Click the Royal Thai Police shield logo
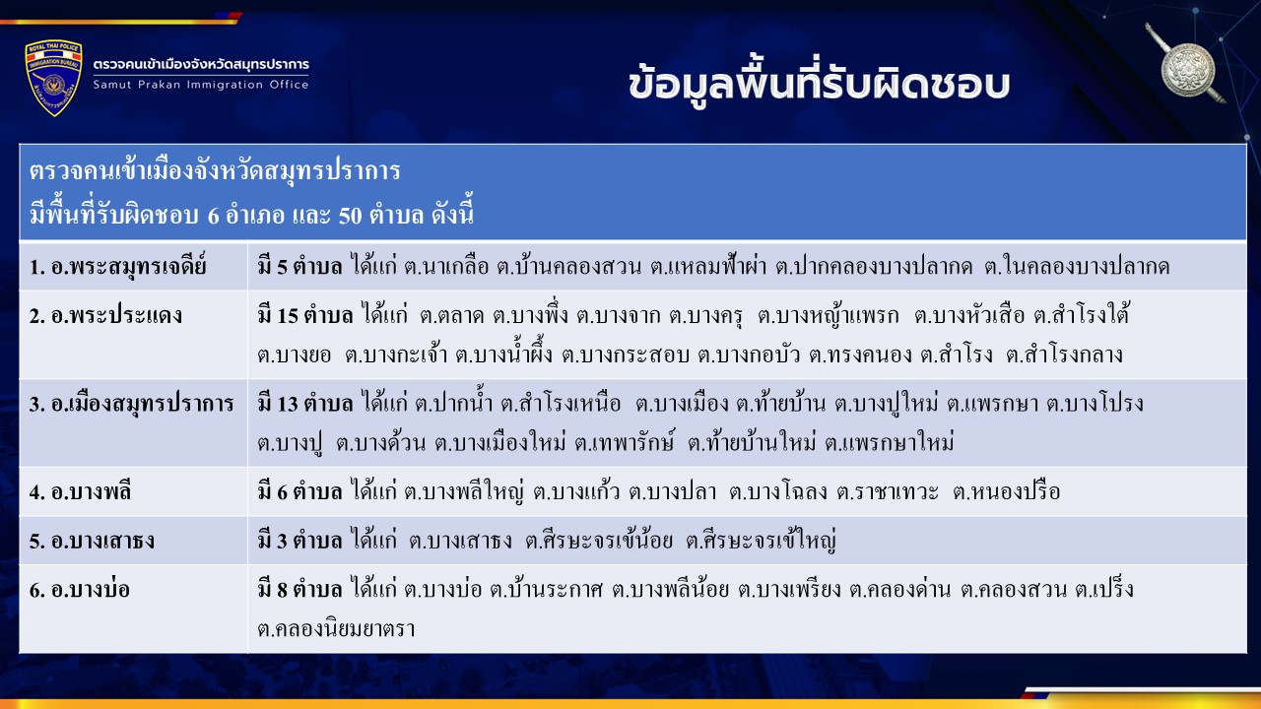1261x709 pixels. coord(54,78)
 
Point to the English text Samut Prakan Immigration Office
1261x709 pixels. coord(201,85)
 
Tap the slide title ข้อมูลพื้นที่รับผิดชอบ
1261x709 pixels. coord(819,86)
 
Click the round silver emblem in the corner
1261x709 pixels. coord(1188,70)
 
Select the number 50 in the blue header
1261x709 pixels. coord(350,215)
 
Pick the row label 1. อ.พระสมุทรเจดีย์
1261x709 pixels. coord(117,267)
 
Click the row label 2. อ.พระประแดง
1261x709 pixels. coord(105,316)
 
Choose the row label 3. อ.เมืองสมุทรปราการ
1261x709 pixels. coord(131,405)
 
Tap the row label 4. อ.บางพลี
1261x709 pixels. coord(80,491)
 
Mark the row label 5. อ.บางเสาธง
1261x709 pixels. coord(92,541)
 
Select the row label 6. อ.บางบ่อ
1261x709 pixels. coord(80,590)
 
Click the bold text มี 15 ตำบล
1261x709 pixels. coord(305,316)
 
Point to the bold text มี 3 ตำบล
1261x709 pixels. coord(299,541)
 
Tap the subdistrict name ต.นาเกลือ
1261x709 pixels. coord(446,267)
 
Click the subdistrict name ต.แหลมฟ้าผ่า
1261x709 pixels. coord(708,266)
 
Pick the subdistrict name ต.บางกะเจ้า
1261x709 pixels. coord(396,354)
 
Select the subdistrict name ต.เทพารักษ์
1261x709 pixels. coord(625,443)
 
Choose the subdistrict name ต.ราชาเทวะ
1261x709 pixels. coord(888,491)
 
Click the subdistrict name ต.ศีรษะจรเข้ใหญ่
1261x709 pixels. coord(761,540)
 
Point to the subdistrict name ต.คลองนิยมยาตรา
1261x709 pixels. coord(336,629)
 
